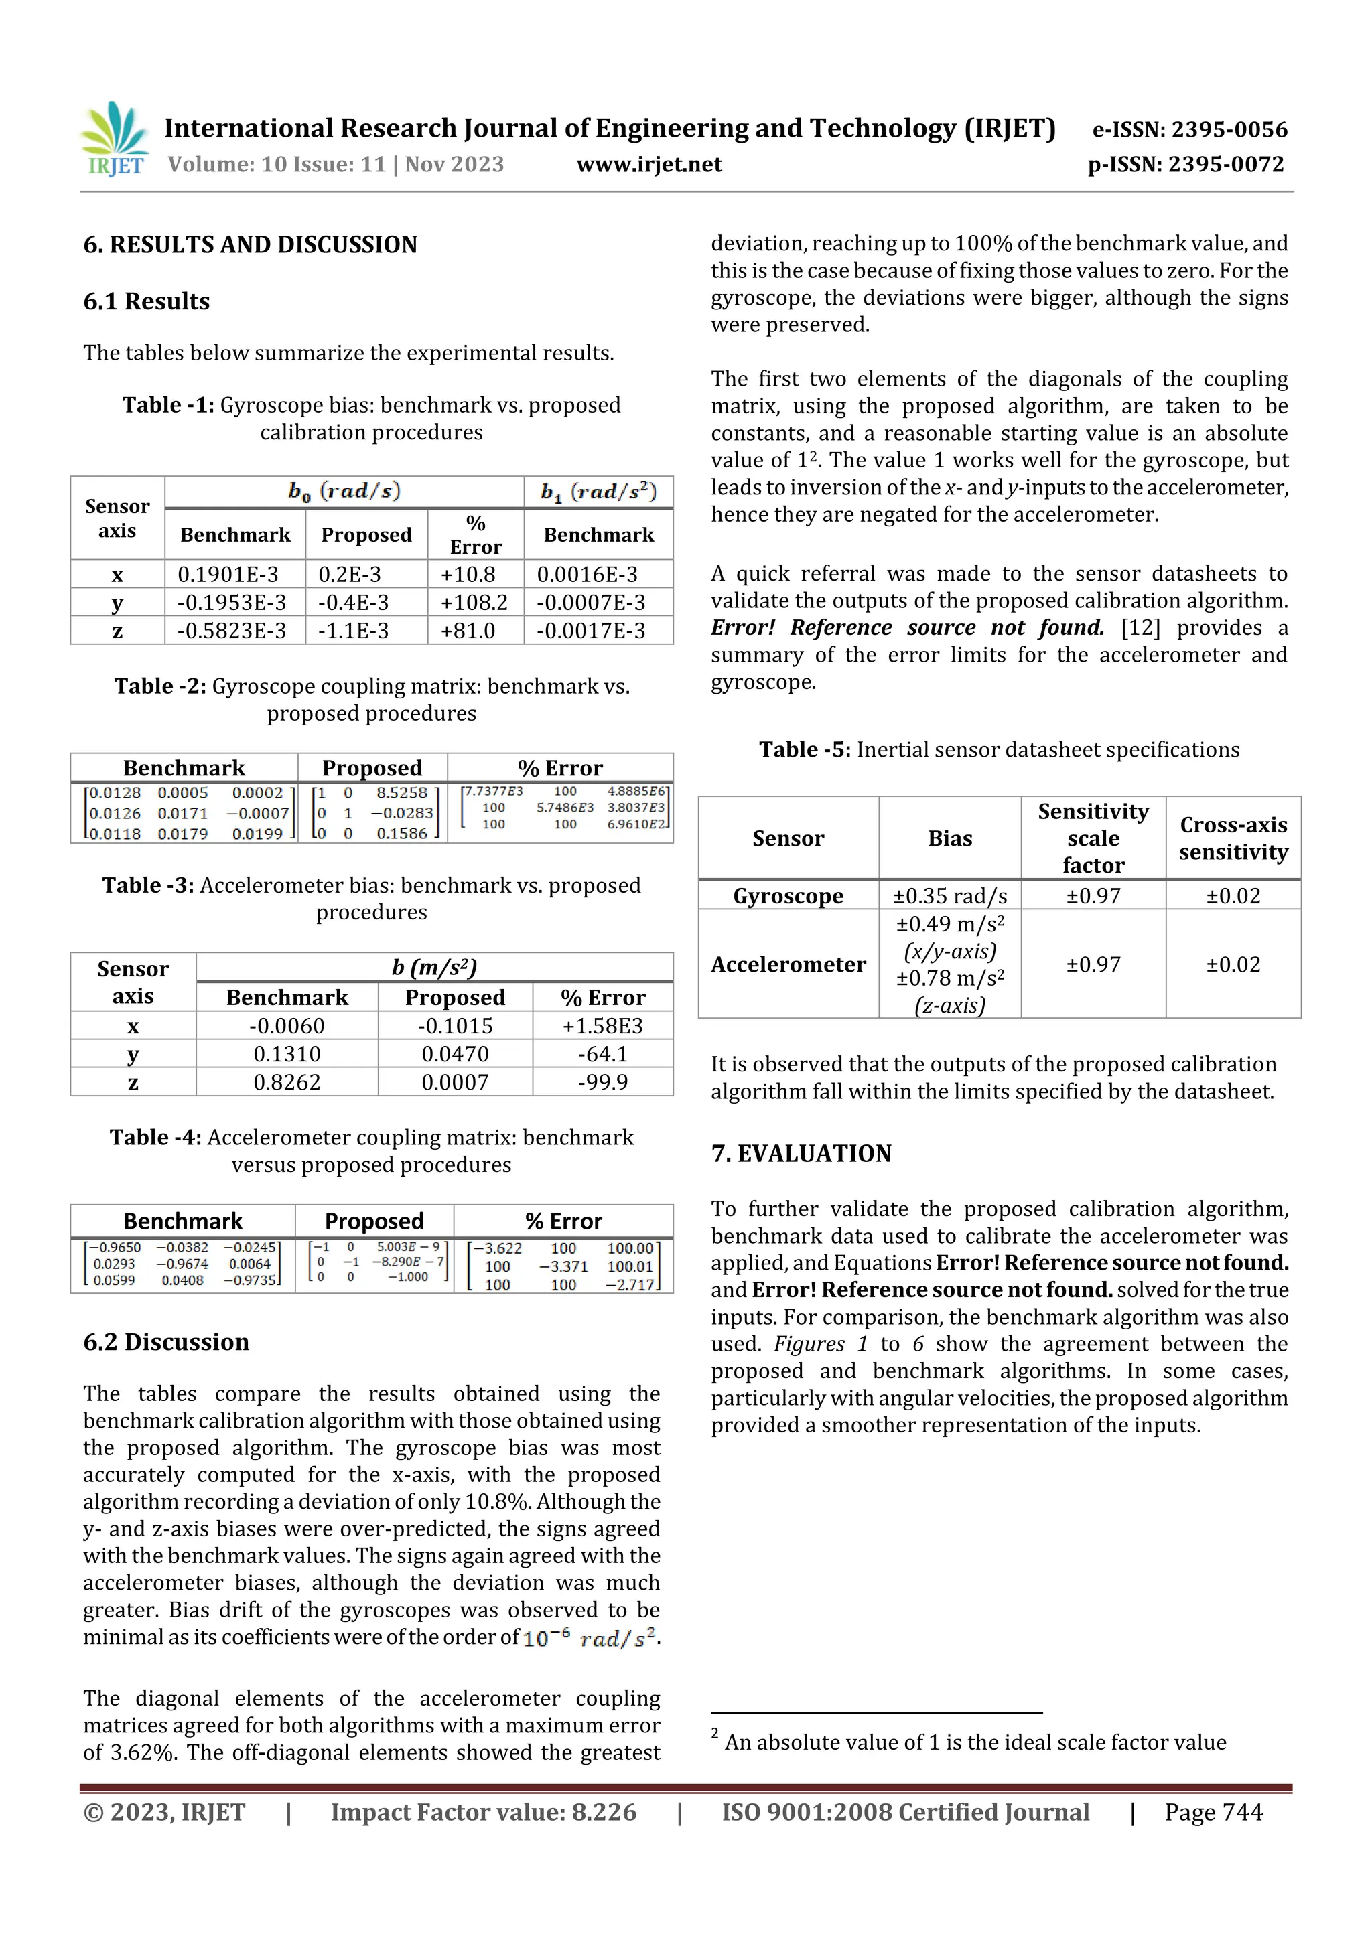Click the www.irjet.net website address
(x=648, y=164)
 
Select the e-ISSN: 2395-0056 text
(x=1189, y=129)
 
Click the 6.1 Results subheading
(x=146, y=301)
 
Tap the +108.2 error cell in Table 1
(x=474, y=603)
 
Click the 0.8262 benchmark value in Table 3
(x=287, y=1082)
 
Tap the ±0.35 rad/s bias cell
(x=949, y=895)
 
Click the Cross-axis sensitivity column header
(x=1233, y=838)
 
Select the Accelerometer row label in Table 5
(x=788, y=964)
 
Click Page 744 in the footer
(x=1213, y=1811)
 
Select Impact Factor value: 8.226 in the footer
(x=483, y=1811)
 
